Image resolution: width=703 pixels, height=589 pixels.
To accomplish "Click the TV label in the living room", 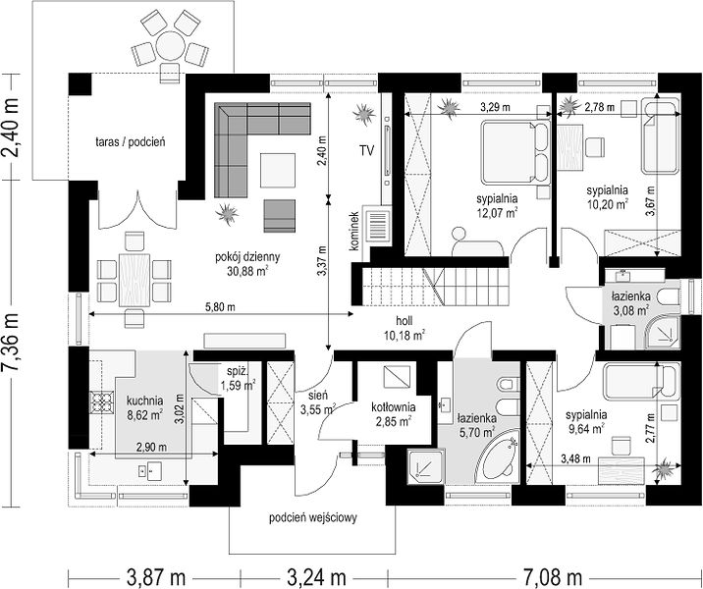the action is pyautogui.click(x=366, y=151).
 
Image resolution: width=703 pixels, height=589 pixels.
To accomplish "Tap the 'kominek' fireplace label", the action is pyautogui.click(x=355, y=231).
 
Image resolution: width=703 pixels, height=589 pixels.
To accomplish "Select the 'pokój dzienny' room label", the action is pyautogui.click(x=247, y=257).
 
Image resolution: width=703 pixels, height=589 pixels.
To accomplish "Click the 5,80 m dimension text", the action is pyautogui.click(x=220, y=307).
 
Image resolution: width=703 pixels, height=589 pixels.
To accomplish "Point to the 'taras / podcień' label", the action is pyautogui.click(x=131, y=142).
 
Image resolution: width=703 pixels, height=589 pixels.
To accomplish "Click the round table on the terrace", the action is pyautogui.click(x=171, y=46).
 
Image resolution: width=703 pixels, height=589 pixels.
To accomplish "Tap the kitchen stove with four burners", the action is pyautogui.click(x=101, y=402).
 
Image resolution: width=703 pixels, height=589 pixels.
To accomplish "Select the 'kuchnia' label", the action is pyautogui.click(x=144, y=401).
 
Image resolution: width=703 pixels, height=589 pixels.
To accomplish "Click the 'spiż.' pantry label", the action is pyautogui.click(x=238, y=371).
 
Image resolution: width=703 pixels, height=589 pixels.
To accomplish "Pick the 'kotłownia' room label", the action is pyautogui.click(x=393, y=407).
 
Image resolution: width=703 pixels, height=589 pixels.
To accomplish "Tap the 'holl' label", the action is pyautogui.click(x=404, y=320).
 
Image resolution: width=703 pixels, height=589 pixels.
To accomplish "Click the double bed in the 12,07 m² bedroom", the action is pyautogui.click(x=515, y=152).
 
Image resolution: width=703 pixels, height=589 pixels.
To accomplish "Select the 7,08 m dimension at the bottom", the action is pyautogui.click(x=552, y=576).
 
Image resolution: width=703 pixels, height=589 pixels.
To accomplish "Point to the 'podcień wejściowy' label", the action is pyautogui.click(x=313, y=517).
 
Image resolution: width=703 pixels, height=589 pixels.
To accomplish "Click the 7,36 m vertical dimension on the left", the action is pyautogui.click(x=11, y=342).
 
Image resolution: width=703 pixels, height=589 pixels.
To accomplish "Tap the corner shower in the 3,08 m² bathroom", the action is pyautogui.click(x=662, y=332).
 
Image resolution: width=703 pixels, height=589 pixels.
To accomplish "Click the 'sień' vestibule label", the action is pyautogui.click(x=318, y=395).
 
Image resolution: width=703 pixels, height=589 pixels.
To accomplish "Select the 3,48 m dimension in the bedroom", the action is pyautogui.click(x=575, y=458).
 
